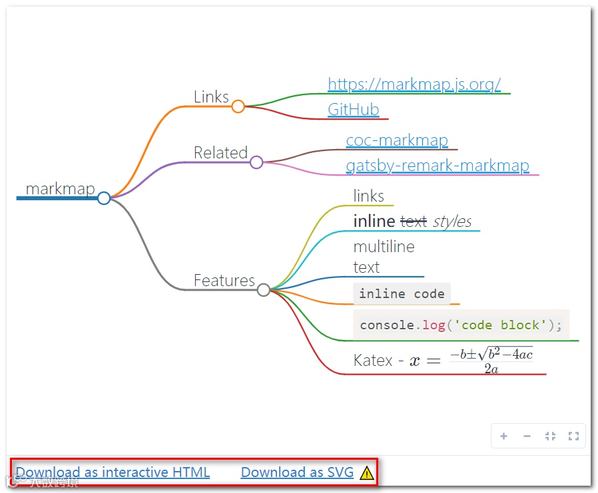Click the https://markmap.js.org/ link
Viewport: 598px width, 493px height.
pos(414,84)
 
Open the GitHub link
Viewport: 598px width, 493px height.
pos(353,110)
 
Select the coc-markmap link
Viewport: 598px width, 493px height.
pos(396,140)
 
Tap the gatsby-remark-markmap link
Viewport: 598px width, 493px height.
pos(437,166)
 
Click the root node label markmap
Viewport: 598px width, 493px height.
pos(60,189)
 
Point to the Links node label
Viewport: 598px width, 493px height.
pos(211,96)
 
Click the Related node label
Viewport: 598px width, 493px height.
pos(220,152)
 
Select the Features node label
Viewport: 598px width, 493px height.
pos(224,280)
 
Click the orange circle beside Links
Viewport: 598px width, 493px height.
pos(238,106)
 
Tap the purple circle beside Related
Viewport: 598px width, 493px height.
pos(256,162)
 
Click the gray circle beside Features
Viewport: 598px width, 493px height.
pos(264,290)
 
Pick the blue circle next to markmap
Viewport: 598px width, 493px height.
pos(104,198)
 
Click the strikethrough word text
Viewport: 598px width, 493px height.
pos(413,221)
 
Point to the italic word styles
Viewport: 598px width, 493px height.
pos(452,221)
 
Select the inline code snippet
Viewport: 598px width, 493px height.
pos(402,293)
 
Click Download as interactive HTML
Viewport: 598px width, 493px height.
pos(113,472)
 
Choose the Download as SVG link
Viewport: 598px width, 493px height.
pos(297,472)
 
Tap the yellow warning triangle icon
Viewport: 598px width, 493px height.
pos(366,473)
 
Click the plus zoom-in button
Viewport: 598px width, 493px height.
pos(504,436)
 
